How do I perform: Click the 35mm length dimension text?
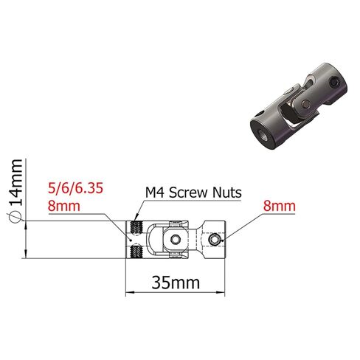pos(176,283)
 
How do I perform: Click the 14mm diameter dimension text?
pos(15,182)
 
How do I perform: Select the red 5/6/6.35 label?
pos(75,188)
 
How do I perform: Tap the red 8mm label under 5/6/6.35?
pos(64,206)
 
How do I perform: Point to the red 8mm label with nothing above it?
pos(280,206)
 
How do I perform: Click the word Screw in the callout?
pos(189,193)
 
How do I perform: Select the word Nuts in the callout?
pos(227,193)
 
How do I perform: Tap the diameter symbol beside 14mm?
pos(15,217)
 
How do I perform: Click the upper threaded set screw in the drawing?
pos(136,228)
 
